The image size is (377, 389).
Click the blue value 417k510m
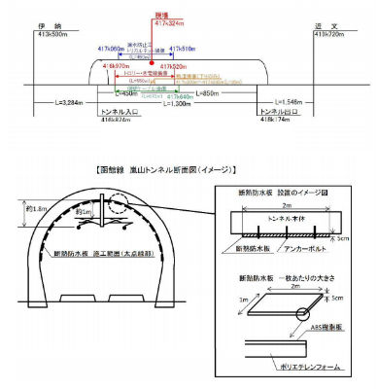tap(185, 47)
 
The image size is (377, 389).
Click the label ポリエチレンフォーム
tap(315, 369)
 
